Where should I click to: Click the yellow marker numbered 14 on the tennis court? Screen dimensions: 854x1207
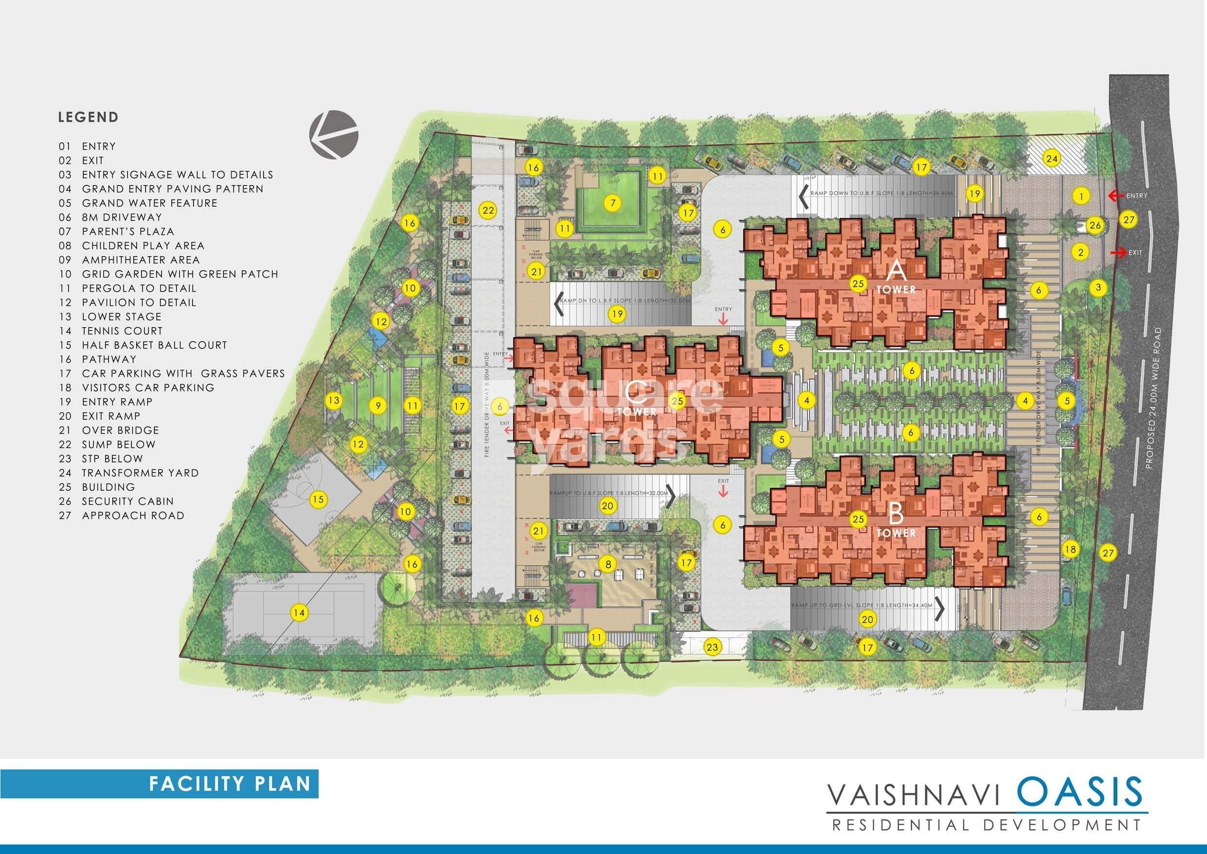coord(299,613)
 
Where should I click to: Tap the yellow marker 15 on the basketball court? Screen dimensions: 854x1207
coord(318,500)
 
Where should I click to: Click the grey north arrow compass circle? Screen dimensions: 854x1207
coord(333,134)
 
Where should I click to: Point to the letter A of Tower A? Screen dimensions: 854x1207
coord(896,272)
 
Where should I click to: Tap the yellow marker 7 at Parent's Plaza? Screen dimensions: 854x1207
coord(613,203)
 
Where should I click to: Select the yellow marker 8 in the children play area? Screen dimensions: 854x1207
coord(608,565)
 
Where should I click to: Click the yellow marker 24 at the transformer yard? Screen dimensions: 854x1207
coord(1051,158)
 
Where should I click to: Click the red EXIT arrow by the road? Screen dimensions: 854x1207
coord(1117,253)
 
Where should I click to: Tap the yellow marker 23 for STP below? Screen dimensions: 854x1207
coord(712,647)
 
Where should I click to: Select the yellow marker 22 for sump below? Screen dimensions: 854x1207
coord(488,211)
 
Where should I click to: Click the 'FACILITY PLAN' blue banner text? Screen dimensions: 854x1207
coord(230,784)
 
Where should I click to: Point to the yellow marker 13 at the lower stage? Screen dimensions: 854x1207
coord(334,400)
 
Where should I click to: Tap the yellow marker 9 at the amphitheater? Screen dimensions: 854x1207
coord(378,406)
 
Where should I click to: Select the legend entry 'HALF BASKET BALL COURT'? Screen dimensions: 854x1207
coord(154,345)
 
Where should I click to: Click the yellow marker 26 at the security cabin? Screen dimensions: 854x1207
coord(1095,226)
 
